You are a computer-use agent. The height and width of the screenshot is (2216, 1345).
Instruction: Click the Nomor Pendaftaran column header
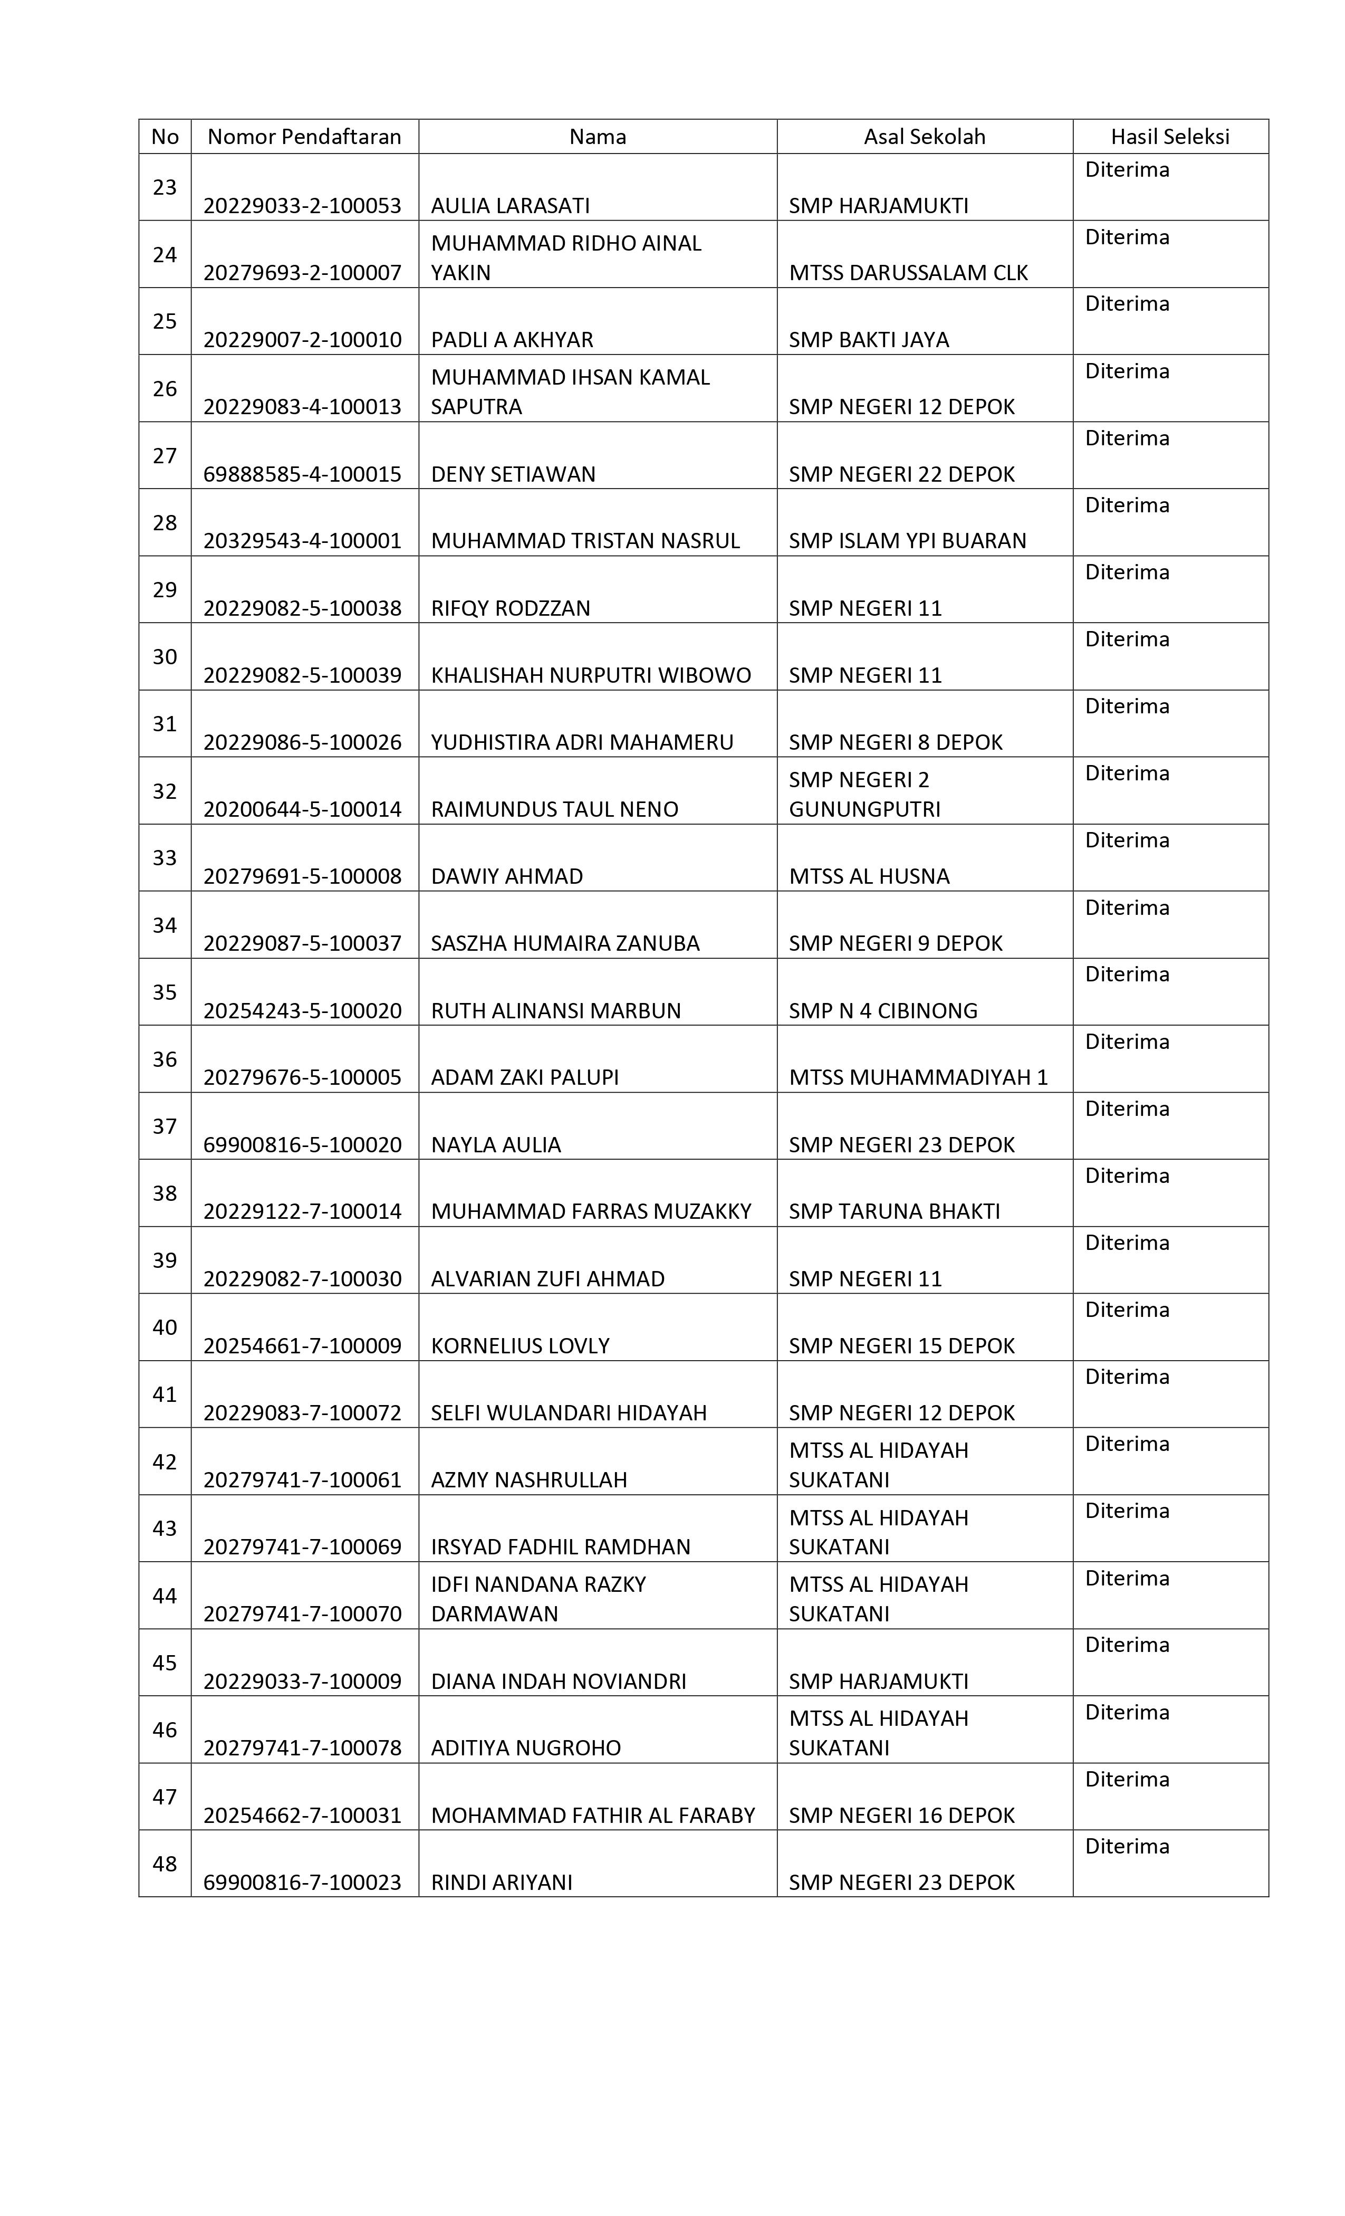pyautogui.click(x=304, y=137)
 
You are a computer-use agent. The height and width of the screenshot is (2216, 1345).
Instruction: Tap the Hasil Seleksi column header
pyautogui.click(x=1169, y=137)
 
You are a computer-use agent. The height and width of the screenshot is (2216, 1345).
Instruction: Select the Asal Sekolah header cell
pyautogui.click(x=924, y=137)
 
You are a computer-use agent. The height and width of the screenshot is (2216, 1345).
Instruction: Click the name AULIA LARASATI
pyautogui.click(x=510, y=206)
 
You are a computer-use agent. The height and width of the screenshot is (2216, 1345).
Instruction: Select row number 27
pyautogui.click(x=165, y=456)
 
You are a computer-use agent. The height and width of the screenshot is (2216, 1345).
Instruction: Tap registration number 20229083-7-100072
pyautogui.click(x=302, y=1413)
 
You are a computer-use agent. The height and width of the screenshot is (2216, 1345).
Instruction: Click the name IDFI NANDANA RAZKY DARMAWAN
pyautogui.click(x=537, y=1599)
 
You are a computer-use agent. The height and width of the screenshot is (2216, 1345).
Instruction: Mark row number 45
pyautogui.click(x=165, y=1663)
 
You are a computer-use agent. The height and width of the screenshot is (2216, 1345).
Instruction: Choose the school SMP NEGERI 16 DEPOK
pyautogui.click(x=901, y=1815)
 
